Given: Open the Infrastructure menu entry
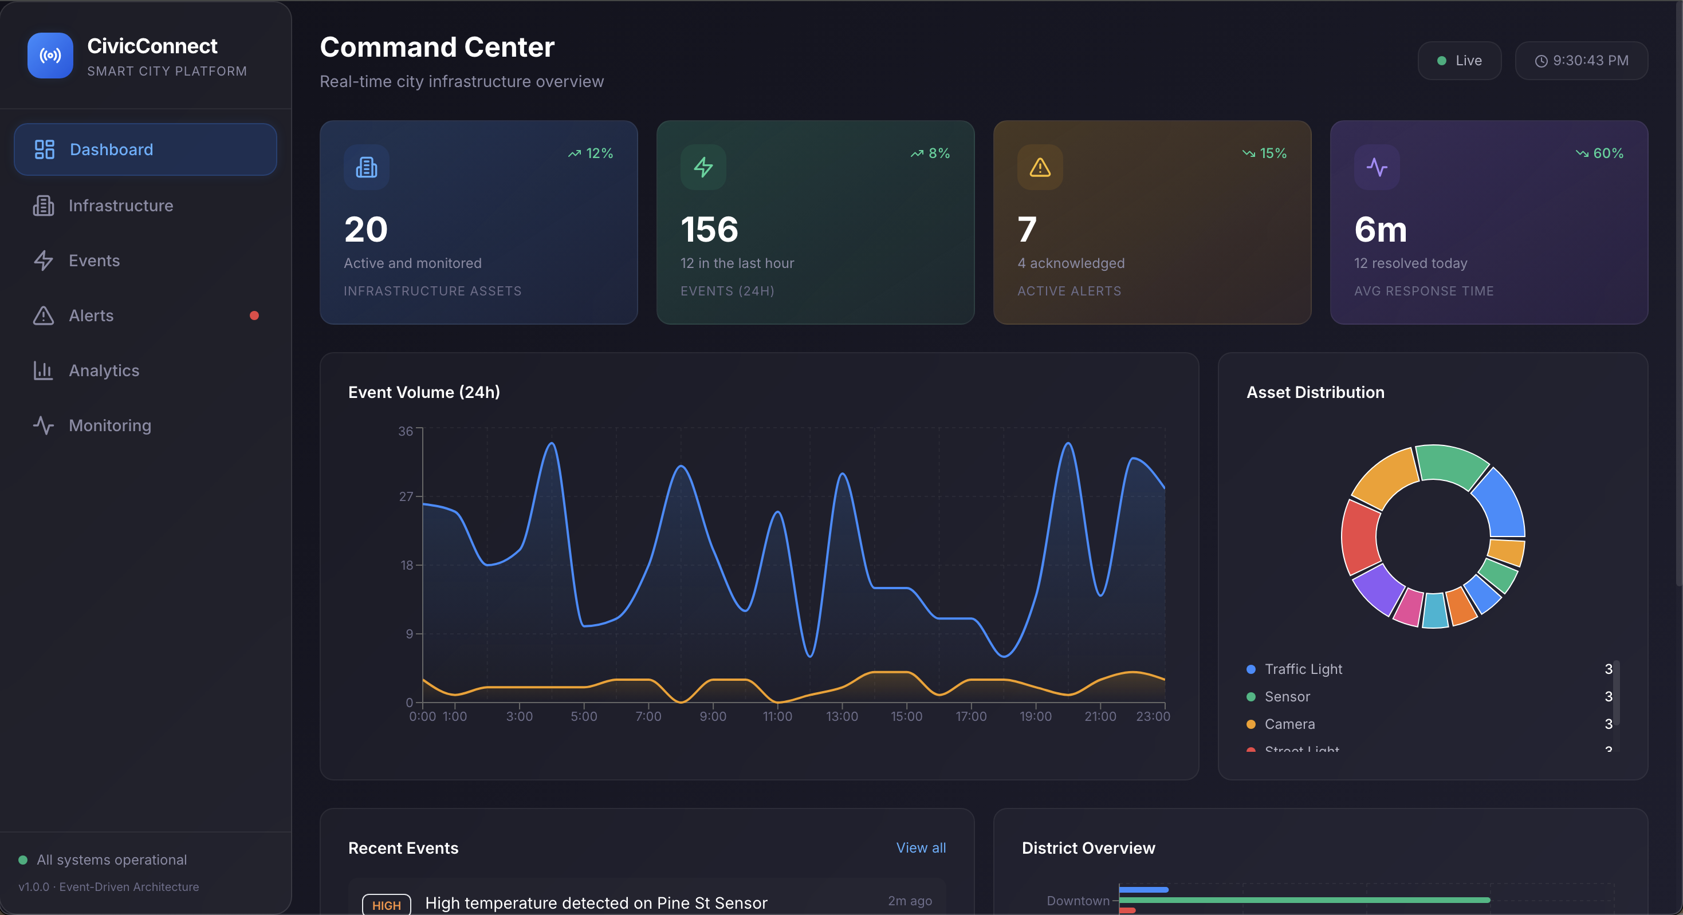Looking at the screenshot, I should coord(120,206).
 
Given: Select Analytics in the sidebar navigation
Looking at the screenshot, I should coord(103,370).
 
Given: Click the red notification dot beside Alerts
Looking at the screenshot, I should coord(254,315).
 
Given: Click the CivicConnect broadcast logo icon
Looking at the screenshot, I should coord(50,56).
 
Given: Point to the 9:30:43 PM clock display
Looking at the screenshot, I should coord(1581,61).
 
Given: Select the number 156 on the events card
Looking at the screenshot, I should coord(709,229).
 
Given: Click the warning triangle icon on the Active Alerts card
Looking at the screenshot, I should coord(1040,168).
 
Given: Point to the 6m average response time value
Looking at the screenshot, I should coord(1380,229).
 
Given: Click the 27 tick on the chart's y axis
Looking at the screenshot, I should coord(406,496).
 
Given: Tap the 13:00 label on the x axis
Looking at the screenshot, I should coord(841,716).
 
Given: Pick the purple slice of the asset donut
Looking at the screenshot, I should coord(1377,589).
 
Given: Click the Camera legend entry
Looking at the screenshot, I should coord(1289,724).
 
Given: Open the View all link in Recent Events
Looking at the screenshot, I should coord(920,848).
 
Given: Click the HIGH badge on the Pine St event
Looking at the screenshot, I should coord(386,905).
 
